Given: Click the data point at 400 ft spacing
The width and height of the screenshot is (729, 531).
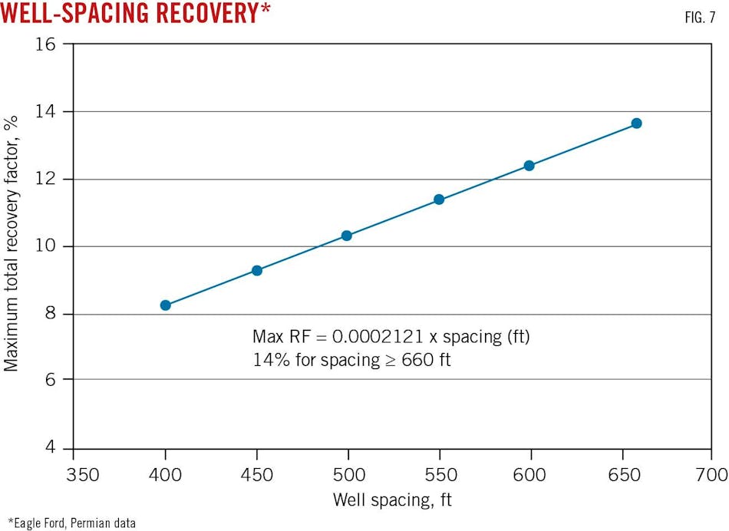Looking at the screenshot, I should pyautogui.click(x=165, y=305).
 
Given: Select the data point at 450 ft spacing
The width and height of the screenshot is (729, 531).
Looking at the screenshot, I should pyautogui.click(x=257, y=270).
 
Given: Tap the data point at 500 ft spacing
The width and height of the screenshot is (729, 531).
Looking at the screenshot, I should pyautogui.click(x=347, y=236).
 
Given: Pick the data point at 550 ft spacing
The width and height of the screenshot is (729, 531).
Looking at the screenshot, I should pyautogui.click(x=439, y=200).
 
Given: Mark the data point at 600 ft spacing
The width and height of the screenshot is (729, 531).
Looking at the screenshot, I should pyautogui.click(x=529, y=165).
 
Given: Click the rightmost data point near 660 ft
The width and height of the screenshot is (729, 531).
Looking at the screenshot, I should pyautogui.click(x=636, y=123).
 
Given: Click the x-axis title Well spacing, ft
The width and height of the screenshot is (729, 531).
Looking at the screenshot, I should pyautogui.click(x=392, y=500).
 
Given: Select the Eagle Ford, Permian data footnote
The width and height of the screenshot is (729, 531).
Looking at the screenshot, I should pyautogui.click(x=73, y=523).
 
